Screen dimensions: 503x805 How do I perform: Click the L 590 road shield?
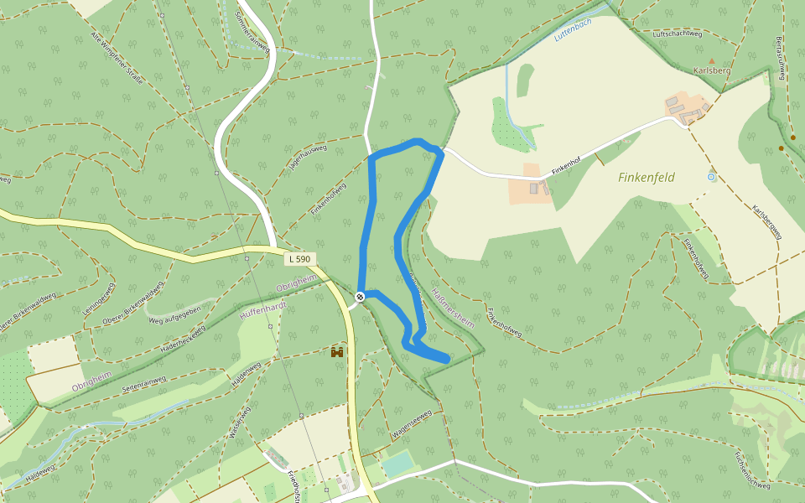299,259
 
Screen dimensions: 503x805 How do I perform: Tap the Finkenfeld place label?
647,178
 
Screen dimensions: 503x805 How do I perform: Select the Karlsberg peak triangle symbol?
712,61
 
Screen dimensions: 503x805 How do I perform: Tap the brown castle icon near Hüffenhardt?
337,353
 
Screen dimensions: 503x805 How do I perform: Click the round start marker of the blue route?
360,296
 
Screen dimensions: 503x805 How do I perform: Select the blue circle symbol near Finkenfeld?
711,177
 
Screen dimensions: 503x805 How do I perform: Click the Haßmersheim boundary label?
453,307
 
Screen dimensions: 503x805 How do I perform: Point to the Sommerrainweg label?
250,32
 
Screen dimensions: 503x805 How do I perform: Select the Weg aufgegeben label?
174,316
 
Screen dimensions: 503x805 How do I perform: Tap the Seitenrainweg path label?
143,383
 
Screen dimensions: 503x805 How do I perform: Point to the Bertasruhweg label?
781,58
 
